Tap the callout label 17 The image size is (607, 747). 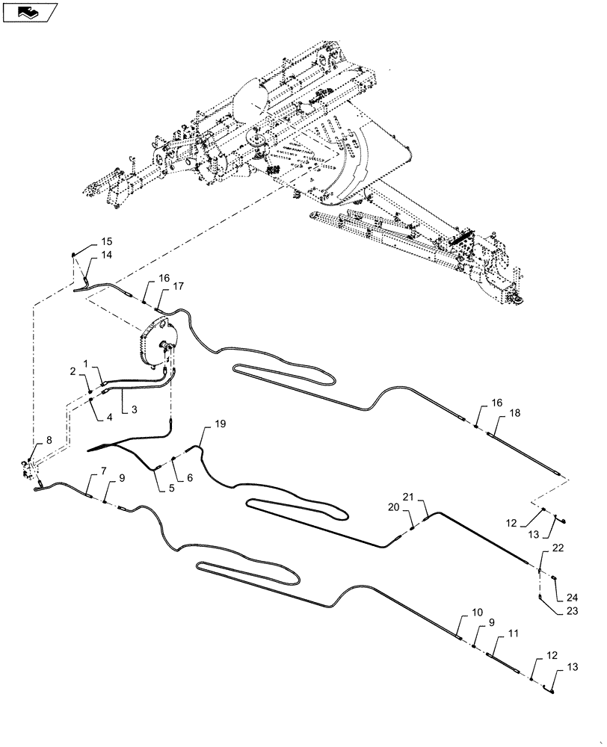pos(178,287)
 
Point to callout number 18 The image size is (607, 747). pos(515,413)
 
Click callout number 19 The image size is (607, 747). pos(220,424)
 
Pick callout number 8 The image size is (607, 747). pos(49,441)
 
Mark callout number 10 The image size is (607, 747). pos(477,612)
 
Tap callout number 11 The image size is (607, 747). pos(513,633)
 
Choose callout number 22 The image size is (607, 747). pos(558,548)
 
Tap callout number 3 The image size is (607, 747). pos(134,409)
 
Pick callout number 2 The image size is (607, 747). pos(73,371)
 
